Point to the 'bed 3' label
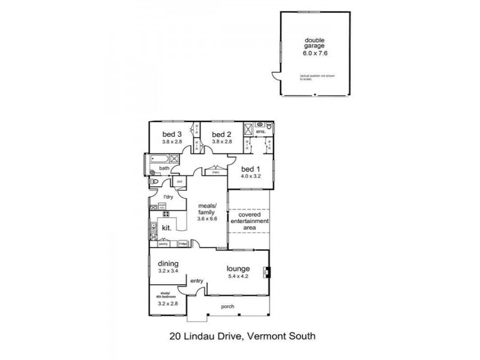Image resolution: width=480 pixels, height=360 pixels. coord(171,134)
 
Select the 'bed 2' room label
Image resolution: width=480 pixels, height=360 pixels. coord(221,134)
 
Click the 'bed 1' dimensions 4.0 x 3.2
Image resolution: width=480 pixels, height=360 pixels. coord(251,176)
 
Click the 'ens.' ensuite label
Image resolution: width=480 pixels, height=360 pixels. coord(260,131)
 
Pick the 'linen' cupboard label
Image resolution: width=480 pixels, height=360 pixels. coord(214,172)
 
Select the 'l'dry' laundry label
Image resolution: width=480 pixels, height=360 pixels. coord(168,197)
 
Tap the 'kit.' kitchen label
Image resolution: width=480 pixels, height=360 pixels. coord(167,228)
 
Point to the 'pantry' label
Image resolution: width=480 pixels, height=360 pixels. coord(163,244)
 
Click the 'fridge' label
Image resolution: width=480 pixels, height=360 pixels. coord(182,244)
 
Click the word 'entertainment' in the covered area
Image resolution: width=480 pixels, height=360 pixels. coord(249,221)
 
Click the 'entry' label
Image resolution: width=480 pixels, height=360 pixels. coord(197,280)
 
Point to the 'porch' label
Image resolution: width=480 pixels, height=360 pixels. coord(227,307)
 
